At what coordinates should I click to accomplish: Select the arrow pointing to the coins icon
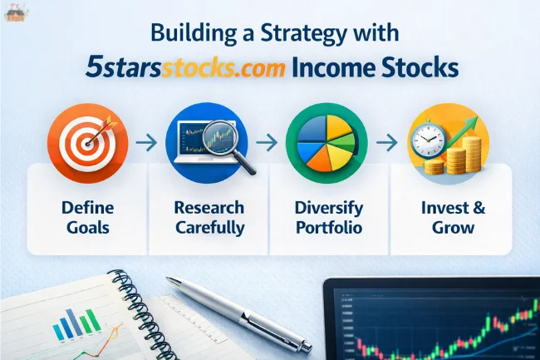coord(386,143)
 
